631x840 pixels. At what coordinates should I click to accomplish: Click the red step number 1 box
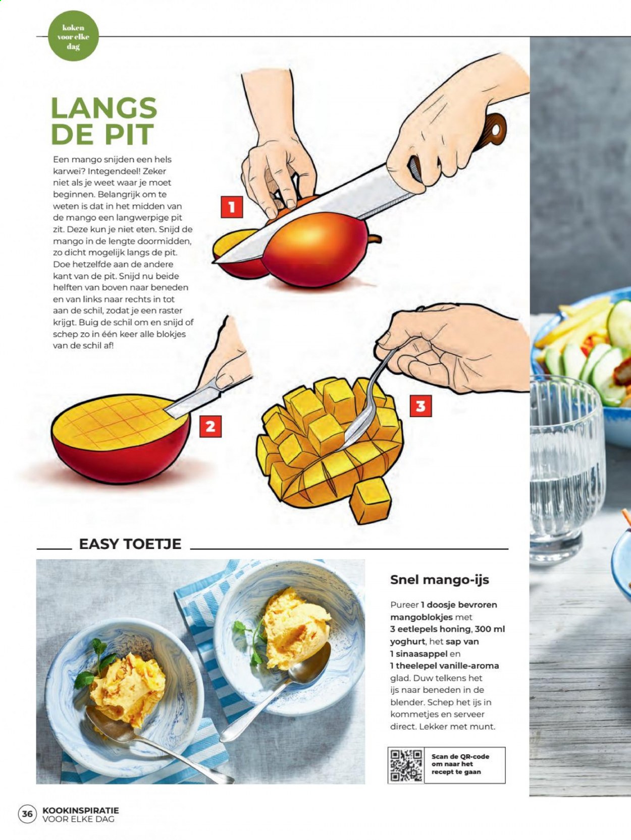(x=232, y=207)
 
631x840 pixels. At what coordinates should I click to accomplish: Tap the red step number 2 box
(x=211, y=427)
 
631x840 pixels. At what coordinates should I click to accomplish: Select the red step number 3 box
(x=420, y=406)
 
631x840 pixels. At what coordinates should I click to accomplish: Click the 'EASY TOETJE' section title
(x=130, y=544)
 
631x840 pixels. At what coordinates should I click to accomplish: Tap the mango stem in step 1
(x=376, y=239)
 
